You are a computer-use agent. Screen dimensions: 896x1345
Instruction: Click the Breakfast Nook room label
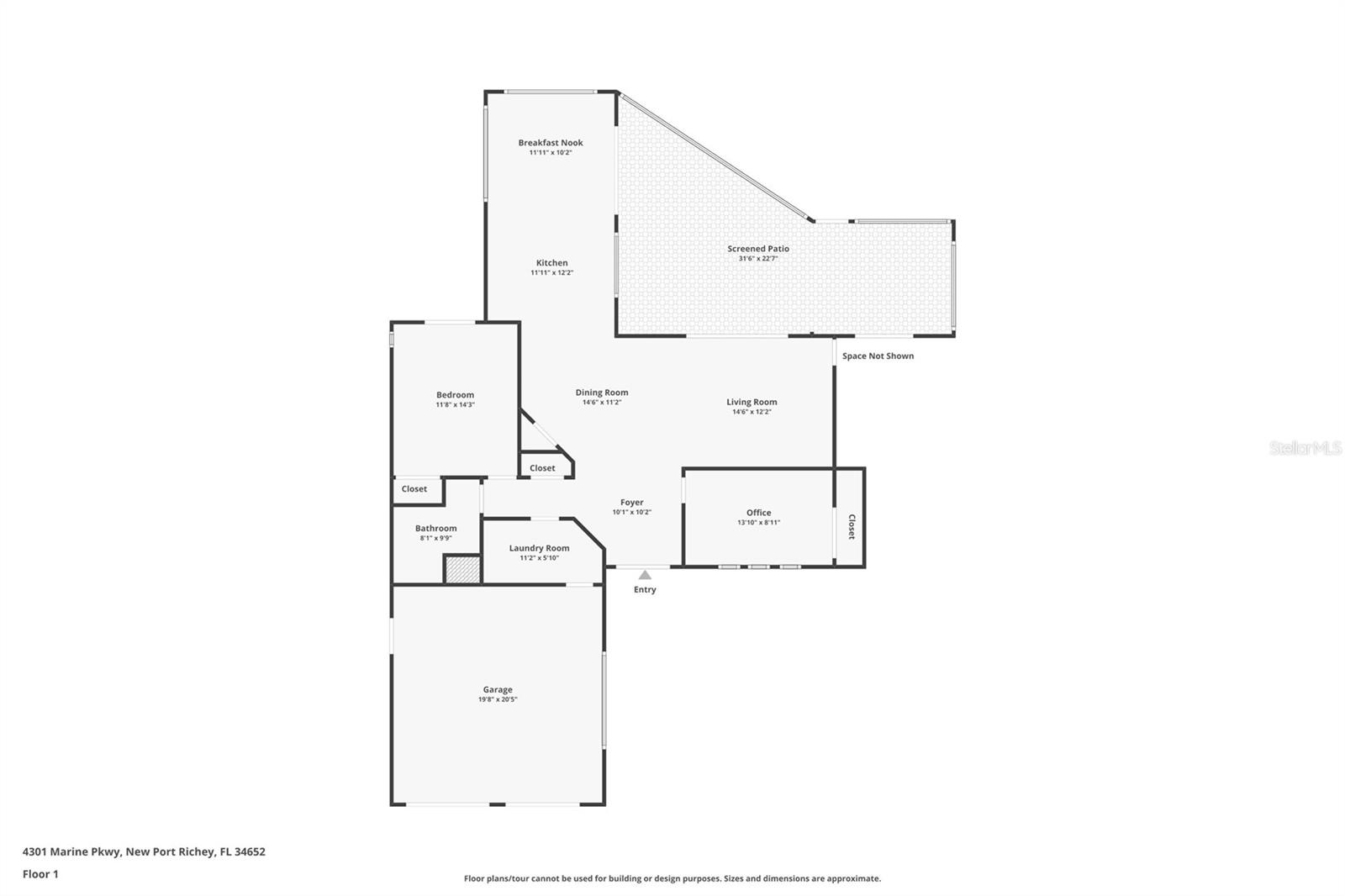[551, 143]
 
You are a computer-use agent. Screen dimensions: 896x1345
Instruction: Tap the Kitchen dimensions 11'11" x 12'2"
[551, 273]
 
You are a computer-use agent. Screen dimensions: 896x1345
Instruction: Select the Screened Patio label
[758, 249]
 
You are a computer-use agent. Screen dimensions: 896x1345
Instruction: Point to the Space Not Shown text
[878, 356]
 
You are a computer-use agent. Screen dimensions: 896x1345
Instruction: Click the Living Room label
[752, 403]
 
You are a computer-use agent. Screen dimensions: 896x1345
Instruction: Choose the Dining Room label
[602, 393]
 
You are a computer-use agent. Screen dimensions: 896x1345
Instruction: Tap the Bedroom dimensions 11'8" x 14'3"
[455, 405]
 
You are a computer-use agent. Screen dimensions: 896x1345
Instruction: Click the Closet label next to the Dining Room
[542, 468]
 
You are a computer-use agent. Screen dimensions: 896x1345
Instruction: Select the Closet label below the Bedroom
[414, 489]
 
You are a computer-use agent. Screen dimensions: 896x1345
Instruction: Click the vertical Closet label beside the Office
[851, 527]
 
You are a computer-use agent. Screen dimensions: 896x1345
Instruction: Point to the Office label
[758, 513]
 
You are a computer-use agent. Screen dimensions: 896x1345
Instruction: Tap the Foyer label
[631, 503]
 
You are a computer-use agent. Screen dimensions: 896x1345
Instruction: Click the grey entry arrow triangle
[645, 576]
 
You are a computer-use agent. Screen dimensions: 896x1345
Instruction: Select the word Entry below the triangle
[645, 590]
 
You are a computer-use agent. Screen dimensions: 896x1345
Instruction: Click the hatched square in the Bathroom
[462, 570]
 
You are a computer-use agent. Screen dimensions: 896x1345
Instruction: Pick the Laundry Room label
[539, 548]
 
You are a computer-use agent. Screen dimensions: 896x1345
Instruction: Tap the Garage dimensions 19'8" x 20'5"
[498, 699]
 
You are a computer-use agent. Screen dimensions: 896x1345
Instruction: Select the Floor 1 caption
[40, 874]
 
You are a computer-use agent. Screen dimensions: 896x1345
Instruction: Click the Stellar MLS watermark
[1305, 449]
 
